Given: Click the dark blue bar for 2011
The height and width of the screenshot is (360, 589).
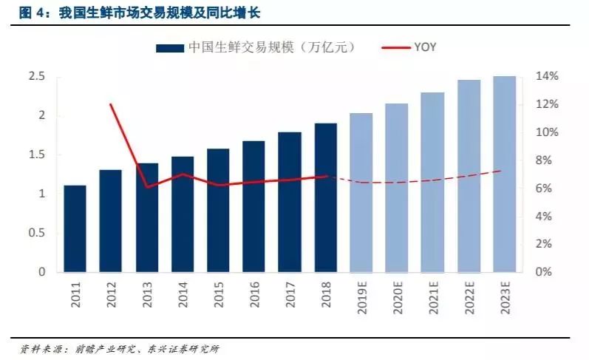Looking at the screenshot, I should [75, 228].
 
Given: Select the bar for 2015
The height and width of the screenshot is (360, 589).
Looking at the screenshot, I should [218, 211].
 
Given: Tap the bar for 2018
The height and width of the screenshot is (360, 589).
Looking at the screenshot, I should [325, 197].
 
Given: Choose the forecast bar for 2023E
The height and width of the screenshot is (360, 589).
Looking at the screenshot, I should [505, 174].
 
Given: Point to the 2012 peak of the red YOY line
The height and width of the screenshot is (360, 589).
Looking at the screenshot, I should [111, 104].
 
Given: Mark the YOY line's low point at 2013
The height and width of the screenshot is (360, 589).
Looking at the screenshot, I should [147, 187].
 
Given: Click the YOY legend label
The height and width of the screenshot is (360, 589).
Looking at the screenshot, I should [423, 47].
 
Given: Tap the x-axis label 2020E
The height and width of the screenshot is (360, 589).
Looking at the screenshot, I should [398, 299].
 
